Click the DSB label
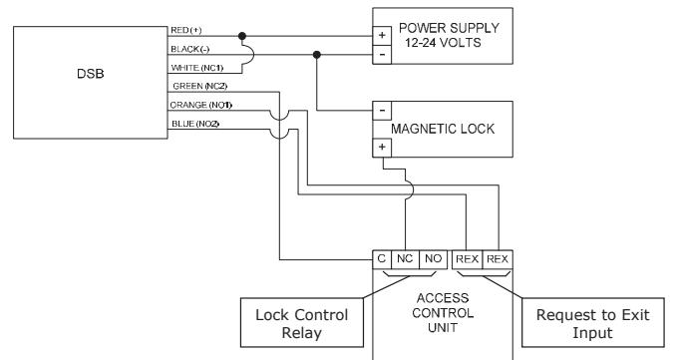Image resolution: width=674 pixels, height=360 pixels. pyautogui.click(x=91, y=74)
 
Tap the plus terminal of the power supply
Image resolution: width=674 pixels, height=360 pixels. pyautogui.click(x=382, y=36)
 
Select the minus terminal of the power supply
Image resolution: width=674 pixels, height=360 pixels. pyautogui.click(x=382, y=55)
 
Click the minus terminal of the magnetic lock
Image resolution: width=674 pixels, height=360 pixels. pyautogui.click(x=382, y=111)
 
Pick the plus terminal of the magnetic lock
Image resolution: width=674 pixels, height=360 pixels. pyautogui.click(x=382, y=148)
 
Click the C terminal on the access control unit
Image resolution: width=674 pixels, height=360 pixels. pyautogui.click(x=381, y=259)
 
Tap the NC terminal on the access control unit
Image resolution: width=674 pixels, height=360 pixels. pyautogui.click(x=405, y=259)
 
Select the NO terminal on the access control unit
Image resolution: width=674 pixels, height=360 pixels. pyautogui.click(x=433, y=259)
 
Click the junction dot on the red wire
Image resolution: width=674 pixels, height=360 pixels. pyautogui.click(x=242, y=36)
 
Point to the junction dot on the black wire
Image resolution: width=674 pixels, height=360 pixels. pyautogui.click(x=317, y=55)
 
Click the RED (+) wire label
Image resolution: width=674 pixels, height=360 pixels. pyautogui.click(x=186, y=30)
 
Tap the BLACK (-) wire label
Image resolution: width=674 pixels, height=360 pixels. pyautogui.click(x=190, y=49)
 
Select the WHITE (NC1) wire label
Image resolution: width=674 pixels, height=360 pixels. pyautogui.click(x=196, y=68)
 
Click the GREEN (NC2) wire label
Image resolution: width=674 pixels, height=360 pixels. pyautogui.click(x=199, y=86)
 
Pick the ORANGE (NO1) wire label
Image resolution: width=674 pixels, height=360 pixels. pyautogui.click(x=201, y=105)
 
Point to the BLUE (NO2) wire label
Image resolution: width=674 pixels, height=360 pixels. pyautogui.click(x=195, y=124)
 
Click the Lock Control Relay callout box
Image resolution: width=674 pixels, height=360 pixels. pyautogui.click(x=302, y=322)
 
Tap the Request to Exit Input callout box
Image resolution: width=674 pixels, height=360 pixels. pyautogui.click(x=593, y=322)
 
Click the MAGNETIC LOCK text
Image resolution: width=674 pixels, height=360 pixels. pyautogui.click(x=443, y=129)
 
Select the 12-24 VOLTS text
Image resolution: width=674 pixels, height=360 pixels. pyautogui.click(x=443, y=43)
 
